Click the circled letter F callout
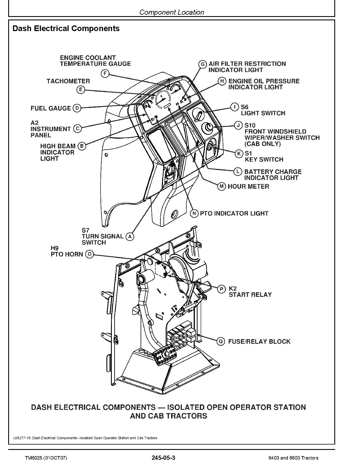(x=105, y=74)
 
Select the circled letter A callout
(x=130, y=236)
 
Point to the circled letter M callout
(x=222, y=186)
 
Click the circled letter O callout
(x=89, y=254)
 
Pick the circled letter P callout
(x=222, y=289)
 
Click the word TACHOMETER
(x=68, y=81)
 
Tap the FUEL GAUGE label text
(x=51, y=108)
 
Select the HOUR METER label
(x=248, y=186)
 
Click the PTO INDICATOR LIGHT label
(x=234, y=214)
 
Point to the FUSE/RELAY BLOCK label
(x=259, y=341)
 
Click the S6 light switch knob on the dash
(x=199, y=114)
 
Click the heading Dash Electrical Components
(x=66, y=29)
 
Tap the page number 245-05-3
(x=163, y=458)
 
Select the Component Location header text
(x=172, y=12)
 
